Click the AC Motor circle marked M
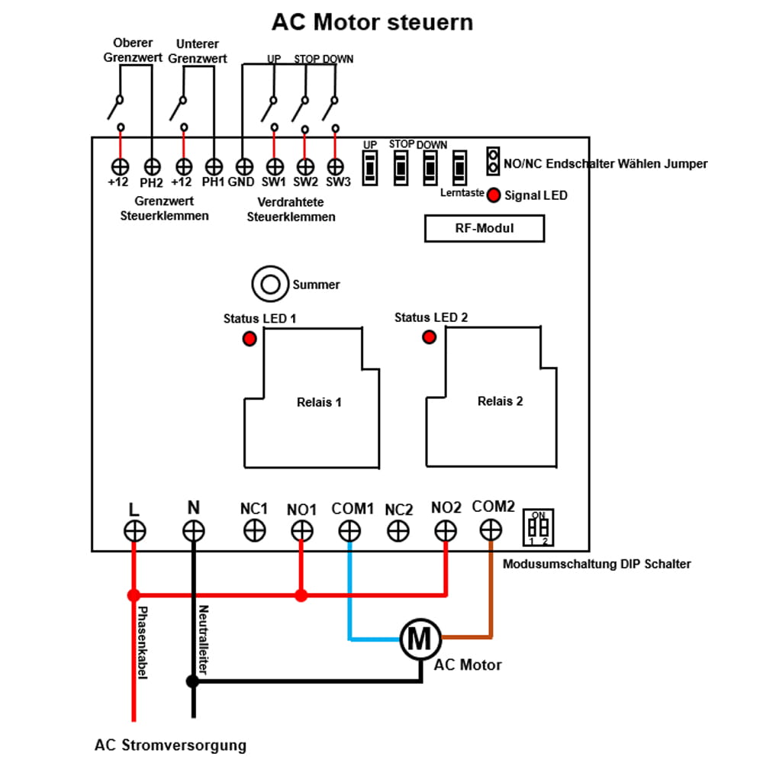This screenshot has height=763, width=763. [x=419, y=638]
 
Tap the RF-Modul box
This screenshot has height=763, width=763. [x=484, y=228]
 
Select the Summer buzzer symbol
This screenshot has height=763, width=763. [x=271, y=285]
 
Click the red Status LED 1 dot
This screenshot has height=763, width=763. [x=250, y=340]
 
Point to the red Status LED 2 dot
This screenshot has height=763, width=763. [x=429, y=336]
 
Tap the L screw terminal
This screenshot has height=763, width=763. [x=134, y=531]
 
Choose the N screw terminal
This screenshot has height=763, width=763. [x=193, y=531]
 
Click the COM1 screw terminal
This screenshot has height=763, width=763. [x=349, y=531]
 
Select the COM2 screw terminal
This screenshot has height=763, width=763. [x=492, y=530]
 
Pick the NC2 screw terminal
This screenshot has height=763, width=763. [x=398, y=531]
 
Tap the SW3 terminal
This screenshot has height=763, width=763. [x=335, y=166]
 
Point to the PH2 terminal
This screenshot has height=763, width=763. [x=152, y=166]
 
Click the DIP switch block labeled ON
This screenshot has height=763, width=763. [x=539, y=528]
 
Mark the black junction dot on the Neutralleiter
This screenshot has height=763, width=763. [x=193, y=681]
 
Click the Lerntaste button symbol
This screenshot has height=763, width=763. [x=459, y=167]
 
